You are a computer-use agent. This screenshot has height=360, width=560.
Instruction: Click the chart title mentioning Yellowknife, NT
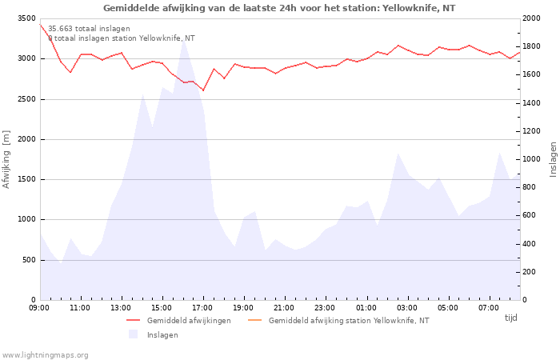[x=279, y=8]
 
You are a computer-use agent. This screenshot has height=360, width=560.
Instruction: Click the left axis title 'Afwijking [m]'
[x=6, y=159]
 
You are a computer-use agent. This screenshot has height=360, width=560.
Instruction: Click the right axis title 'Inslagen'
[x=553, y=159]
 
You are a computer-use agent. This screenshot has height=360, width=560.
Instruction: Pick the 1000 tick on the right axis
[x=530, y=159]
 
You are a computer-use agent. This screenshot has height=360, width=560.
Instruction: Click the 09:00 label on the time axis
[x=39, y=308]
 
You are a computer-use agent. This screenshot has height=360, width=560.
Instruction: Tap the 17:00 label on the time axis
[x=202, y=308]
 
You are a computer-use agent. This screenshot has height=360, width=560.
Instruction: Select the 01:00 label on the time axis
[x=366, y=308]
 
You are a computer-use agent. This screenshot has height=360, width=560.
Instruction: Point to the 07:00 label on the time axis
[x=489, y=308]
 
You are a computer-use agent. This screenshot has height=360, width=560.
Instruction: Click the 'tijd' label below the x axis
[x=511, y=318]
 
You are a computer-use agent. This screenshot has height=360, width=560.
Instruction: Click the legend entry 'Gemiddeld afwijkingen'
[x=189, y=321]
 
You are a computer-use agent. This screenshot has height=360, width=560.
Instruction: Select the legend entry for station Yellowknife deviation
[x=349, y=321]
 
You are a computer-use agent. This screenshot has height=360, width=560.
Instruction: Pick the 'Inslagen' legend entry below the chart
[x=162, y=335]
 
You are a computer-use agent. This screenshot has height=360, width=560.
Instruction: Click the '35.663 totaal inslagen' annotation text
[x=89, y=29]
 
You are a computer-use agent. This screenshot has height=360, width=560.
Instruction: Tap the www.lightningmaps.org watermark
[x=45, y=355]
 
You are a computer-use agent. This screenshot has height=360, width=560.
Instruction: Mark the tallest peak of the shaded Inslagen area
[x=183, y=39]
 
